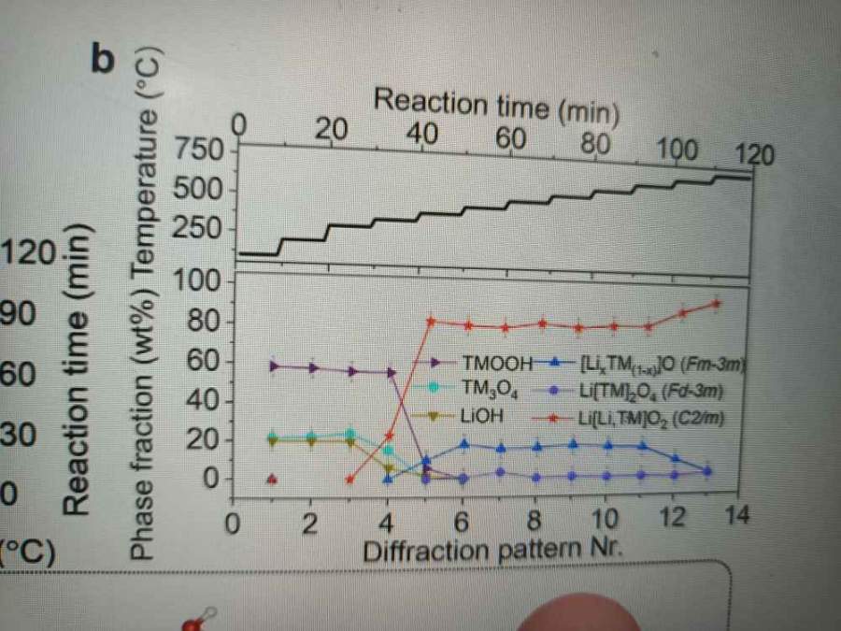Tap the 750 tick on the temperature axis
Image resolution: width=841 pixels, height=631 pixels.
[206, 151]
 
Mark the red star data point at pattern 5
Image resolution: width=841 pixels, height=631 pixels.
[430, 321]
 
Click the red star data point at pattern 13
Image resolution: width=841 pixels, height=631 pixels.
[716, 303]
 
